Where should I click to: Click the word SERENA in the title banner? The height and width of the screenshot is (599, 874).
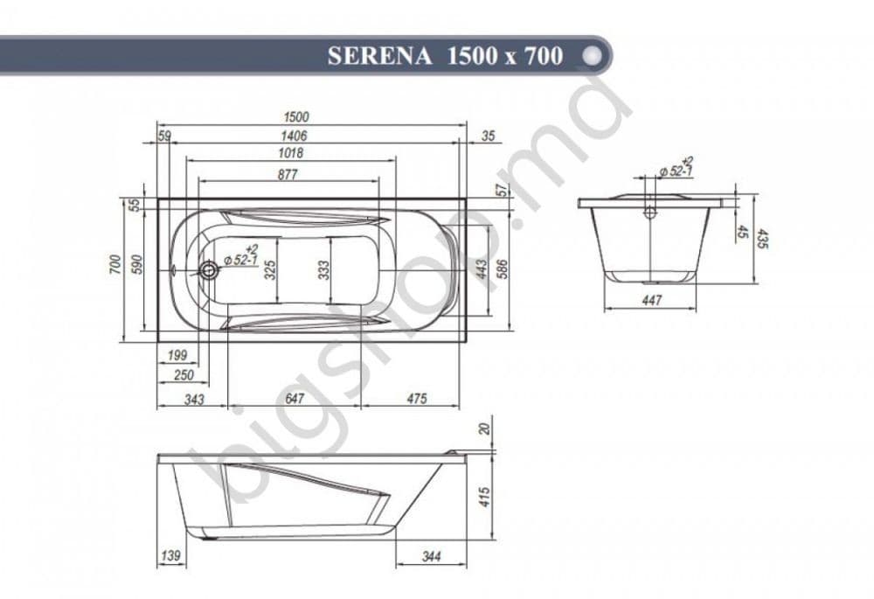[379, 56]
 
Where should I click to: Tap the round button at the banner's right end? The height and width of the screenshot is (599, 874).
[592, 55]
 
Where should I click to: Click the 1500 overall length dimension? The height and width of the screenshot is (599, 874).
[296, 117]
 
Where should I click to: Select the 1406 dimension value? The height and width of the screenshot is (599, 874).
[294, 136]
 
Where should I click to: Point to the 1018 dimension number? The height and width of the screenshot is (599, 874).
[291, 153]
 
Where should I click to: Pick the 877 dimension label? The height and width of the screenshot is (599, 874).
[288, 174]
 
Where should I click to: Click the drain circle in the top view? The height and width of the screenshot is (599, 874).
[209, 271]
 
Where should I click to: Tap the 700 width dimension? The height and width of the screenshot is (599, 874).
[115, 264]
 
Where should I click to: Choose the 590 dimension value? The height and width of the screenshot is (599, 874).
[137, 264]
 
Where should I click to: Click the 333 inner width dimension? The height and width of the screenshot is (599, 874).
[323, 270]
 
